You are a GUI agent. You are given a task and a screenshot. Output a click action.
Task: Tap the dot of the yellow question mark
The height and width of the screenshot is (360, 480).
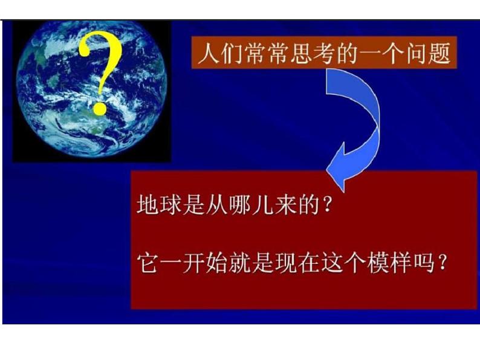[99, 109]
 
